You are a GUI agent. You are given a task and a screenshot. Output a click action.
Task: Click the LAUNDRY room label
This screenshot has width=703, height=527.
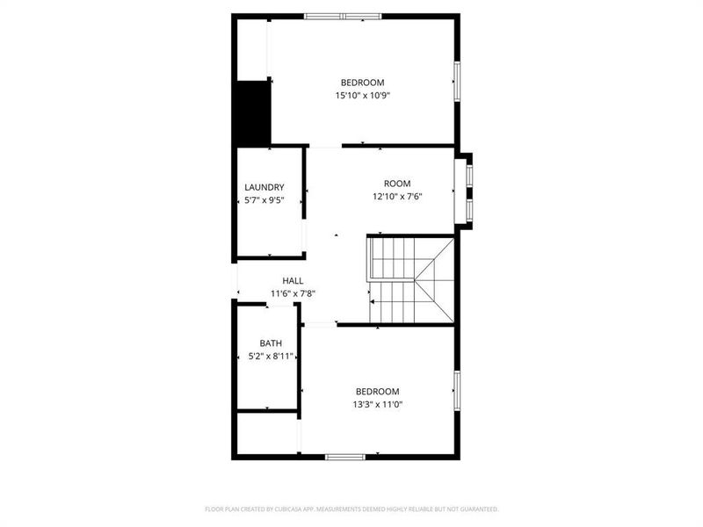264,187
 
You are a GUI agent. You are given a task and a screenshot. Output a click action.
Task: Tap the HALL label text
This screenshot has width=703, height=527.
268,280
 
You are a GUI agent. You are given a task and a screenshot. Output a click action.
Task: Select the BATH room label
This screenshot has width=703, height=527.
270,343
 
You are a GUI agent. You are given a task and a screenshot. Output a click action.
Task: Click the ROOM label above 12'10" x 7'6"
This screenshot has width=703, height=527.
397,184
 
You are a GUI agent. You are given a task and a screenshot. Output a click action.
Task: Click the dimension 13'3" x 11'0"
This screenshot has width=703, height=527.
377,404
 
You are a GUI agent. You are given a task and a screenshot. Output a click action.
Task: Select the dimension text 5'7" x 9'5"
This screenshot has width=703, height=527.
264,200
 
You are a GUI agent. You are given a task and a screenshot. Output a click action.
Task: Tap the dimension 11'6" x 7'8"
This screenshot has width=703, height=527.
268,293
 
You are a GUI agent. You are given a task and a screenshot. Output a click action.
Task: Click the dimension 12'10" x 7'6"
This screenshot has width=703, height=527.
397,197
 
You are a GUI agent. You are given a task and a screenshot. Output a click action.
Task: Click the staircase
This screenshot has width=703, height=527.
410,279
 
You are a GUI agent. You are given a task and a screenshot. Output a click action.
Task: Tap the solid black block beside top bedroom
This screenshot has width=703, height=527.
251,112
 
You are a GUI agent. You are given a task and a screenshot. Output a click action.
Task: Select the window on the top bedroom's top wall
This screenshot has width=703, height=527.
343,16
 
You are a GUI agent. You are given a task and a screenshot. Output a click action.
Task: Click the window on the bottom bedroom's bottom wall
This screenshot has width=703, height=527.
344,457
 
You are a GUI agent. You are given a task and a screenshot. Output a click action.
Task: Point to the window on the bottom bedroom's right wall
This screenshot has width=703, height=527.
456,392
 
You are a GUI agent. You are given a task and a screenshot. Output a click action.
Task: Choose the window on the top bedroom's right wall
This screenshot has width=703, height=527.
456,81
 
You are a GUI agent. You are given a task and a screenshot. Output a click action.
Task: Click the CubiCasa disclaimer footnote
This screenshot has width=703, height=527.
351,509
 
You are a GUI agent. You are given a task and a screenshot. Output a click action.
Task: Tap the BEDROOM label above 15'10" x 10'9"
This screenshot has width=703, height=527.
362,83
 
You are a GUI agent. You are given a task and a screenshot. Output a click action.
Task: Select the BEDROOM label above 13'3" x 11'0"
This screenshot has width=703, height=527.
377,391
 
